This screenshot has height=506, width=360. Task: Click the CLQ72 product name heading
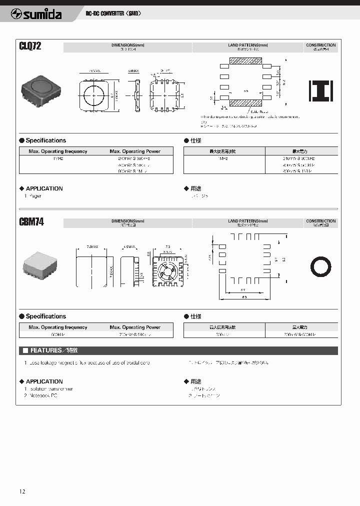(x=30, y=46)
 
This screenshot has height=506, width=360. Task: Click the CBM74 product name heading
(x=31, y=222)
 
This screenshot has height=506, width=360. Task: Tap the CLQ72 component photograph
(x=41, y=89)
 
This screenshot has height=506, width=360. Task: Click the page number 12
(x=22, y=491)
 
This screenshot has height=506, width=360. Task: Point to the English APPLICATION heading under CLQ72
(x=44, y=188)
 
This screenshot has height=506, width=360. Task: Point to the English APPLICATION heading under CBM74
(x=44, y=381)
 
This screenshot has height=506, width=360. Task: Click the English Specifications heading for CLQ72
(x=45, y=140)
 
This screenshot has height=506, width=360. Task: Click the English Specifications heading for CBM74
(x=45, y=316)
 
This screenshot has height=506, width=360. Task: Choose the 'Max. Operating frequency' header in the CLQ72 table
(x=58, y=151)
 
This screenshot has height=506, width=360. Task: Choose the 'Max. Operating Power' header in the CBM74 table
(x=135, y=327)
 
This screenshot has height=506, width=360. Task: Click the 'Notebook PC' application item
(x=43, y=395)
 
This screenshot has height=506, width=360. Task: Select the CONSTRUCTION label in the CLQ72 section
(x=320, y=45)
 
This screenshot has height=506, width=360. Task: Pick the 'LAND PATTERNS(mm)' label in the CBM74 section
(x=247, y=221)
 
